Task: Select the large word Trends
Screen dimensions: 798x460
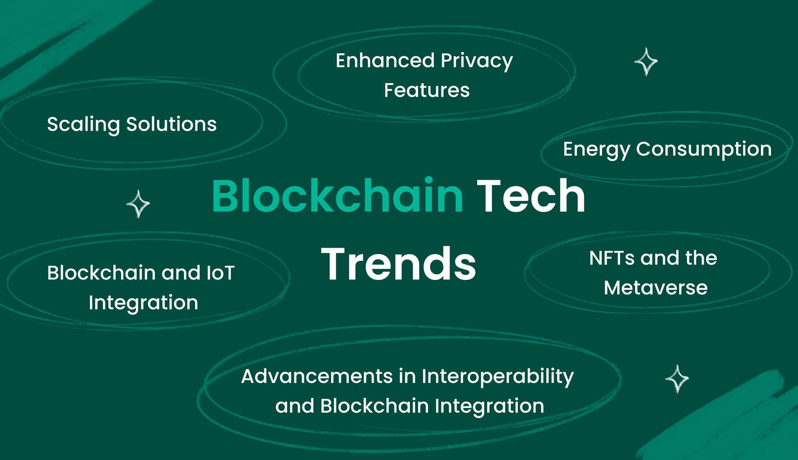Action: [x=399, y=264]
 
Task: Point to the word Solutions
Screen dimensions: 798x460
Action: [x=171, y=124]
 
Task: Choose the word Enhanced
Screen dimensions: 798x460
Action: [x=385, y=61]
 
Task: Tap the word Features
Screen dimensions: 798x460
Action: [x=427, y=90]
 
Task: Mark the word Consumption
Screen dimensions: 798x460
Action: [x=704, y=149]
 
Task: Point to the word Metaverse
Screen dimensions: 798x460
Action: [x=656, y=288]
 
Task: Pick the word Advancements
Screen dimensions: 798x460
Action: [x=317, y=376]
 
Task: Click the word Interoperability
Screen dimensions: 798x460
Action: [x=498, y=377]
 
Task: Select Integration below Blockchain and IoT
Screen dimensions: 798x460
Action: [x=143, y=303]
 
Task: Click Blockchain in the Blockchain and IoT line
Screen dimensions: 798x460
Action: [x=101, y=273]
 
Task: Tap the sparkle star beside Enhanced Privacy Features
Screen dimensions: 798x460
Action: [x=646, y=62]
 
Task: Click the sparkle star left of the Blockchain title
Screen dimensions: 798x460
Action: [x=138, y=204]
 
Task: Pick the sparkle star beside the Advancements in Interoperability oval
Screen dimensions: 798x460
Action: [x=677, y=379]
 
